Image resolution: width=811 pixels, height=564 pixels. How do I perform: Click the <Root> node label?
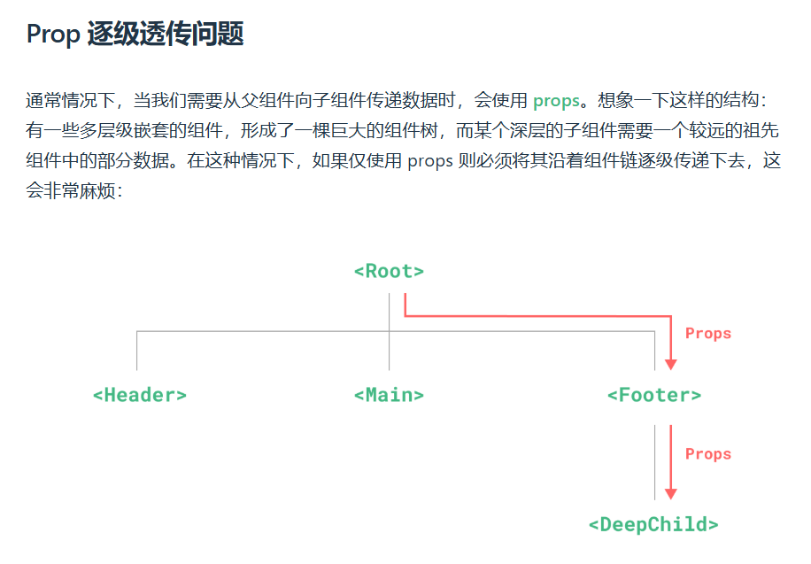[x=389, y=271]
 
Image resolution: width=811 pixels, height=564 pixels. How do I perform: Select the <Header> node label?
[x=140, y=395]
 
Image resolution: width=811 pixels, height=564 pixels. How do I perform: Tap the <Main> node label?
[x=389, y=395]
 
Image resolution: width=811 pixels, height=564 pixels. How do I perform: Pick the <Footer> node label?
[x=654, y=395]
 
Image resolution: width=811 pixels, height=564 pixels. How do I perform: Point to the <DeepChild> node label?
[x=653, y=525]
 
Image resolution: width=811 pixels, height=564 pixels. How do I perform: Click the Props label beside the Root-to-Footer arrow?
[x=708, y=334]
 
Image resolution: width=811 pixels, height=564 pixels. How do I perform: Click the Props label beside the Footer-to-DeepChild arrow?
[x=708, y=454]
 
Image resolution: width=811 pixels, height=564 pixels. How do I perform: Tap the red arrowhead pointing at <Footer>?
[x=671, y=364]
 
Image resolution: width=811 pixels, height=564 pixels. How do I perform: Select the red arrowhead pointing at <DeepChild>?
[x=671, y=494]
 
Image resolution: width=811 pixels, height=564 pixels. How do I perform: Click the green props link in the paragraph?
[x=556, y=101]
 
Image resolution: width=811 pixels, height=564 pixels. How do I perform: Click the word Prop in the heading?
[x=53, y=35]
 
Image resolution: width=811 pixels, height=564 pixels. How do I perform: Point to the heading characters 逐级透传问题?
[x=166, y=35]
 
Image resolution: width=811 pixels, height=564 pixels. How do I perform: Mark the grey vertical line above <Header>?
[x=137, y=351]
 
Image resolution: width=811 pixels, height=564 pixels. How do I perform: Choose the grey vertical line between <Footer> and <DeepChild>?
[x=655, y=462]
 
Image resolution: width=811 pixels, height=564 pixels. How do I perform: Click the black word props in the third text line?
[x=430, y=161]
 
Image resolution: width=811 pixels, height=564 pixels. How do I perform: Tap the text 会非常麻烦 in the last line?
[x=70, y=191]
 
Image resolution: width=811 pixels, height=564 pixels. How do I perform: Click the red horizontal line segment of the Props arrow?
[x=538, y=315]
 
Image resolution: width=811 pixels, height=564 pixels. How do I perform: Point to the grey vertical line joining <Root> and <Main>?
[x=389, y=332]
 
